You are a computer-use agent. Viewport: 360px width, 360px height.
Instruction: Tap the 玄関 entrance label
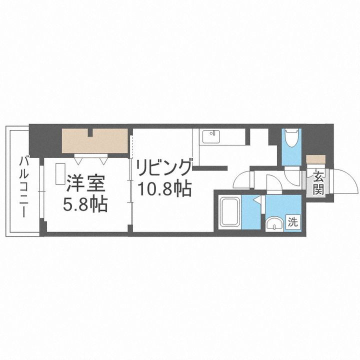318,182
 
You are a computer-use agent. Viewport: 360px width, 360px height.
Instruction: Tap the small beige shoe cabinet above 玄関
315,160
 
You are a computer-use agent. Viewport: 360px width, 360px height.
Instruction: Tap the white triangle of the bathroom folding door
257,201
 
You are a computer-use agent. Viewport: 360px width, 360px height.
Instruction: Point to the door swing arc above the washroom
274,182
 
